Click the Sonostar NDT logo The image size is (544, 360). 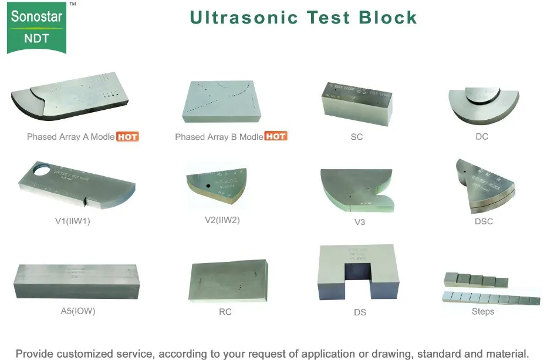(x=36, y=26)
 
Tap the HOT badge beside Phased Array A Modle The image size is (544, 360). (x=127, y=137)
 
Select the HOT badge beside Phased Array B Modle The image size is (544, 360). (x=275, y=137)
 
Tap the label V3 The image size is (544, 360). (x=360, y=221)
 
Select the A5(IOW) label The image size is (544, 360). (x=78, y=311)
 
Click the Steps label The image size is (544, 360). (x=483, y=311)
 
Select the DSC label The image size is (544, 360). (x=484, y=221)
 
